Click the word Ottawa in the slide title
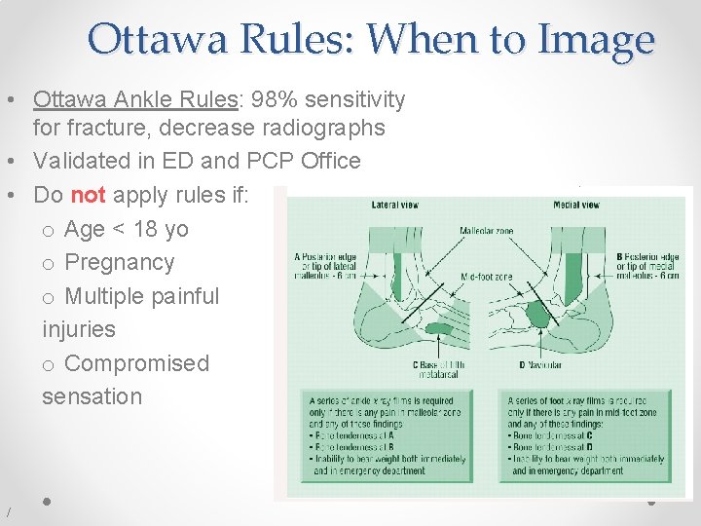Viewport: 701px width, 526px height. coord(161,39)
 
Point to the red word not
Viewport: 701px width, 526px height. coord(88,195)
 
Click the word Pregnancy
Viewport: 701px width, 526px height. coord(119,262)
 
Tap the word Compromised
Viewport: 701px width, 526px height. coord(136,363)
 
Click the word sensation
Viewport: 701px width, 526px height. coord(92,396)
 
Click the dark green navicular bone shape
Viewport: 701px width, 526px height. coord(536,314)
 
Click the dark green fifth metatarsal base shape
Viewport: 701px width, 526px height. coord(438,329)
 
